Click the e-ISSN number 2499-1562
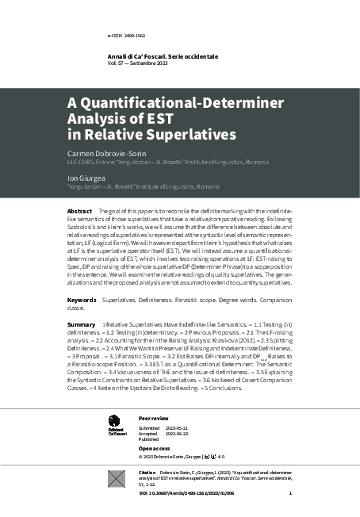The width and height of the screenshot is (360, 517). (x=127, y=36)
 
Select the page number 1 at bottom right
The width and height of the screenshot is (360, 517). (x=290, y=494)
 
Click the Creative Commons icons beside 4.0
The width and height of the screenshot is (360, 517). (x=209, y=457)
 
